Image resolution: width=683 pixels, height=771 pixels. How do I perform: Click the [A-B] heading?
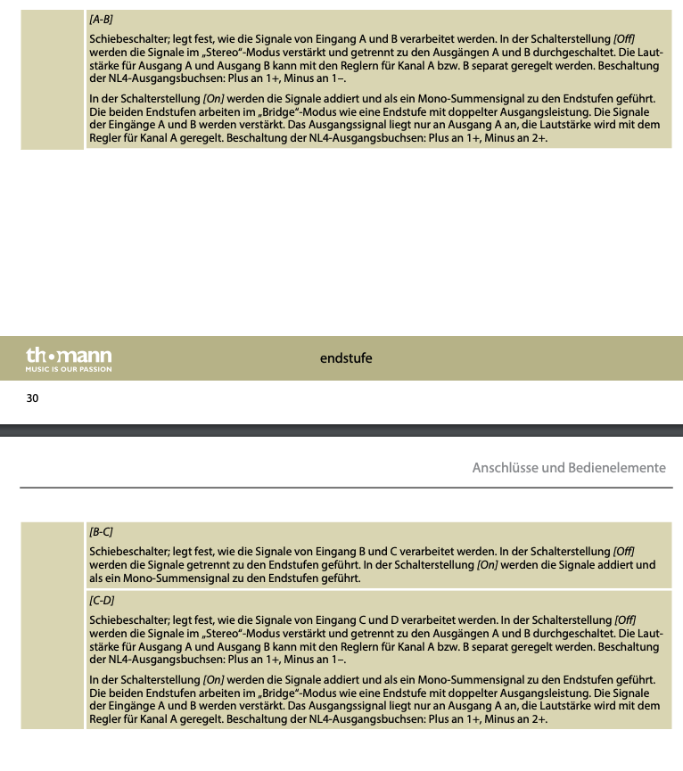[x=101, y=19]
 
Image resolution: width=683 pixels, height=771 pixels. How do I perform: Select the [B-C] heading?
[x=101, y=531]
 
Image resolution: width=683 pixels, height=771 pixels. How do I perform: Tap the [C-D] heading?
[x=101, y=601]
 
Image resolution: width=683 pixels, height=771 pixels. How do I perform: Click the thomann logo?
[x=69, y=356]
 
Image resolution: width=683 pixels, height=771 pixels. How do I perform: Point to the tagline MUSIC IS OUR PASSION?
[x=69, y=369]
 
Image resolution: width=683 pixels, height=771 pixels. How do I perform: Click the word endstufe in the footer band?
[x=346, y=358]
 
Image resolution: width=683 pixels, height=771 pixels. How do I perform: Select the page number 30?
[x=32, y=398]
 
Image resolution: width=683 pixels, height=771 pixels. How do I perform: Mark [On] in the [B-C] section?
[x=490, y=565]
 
